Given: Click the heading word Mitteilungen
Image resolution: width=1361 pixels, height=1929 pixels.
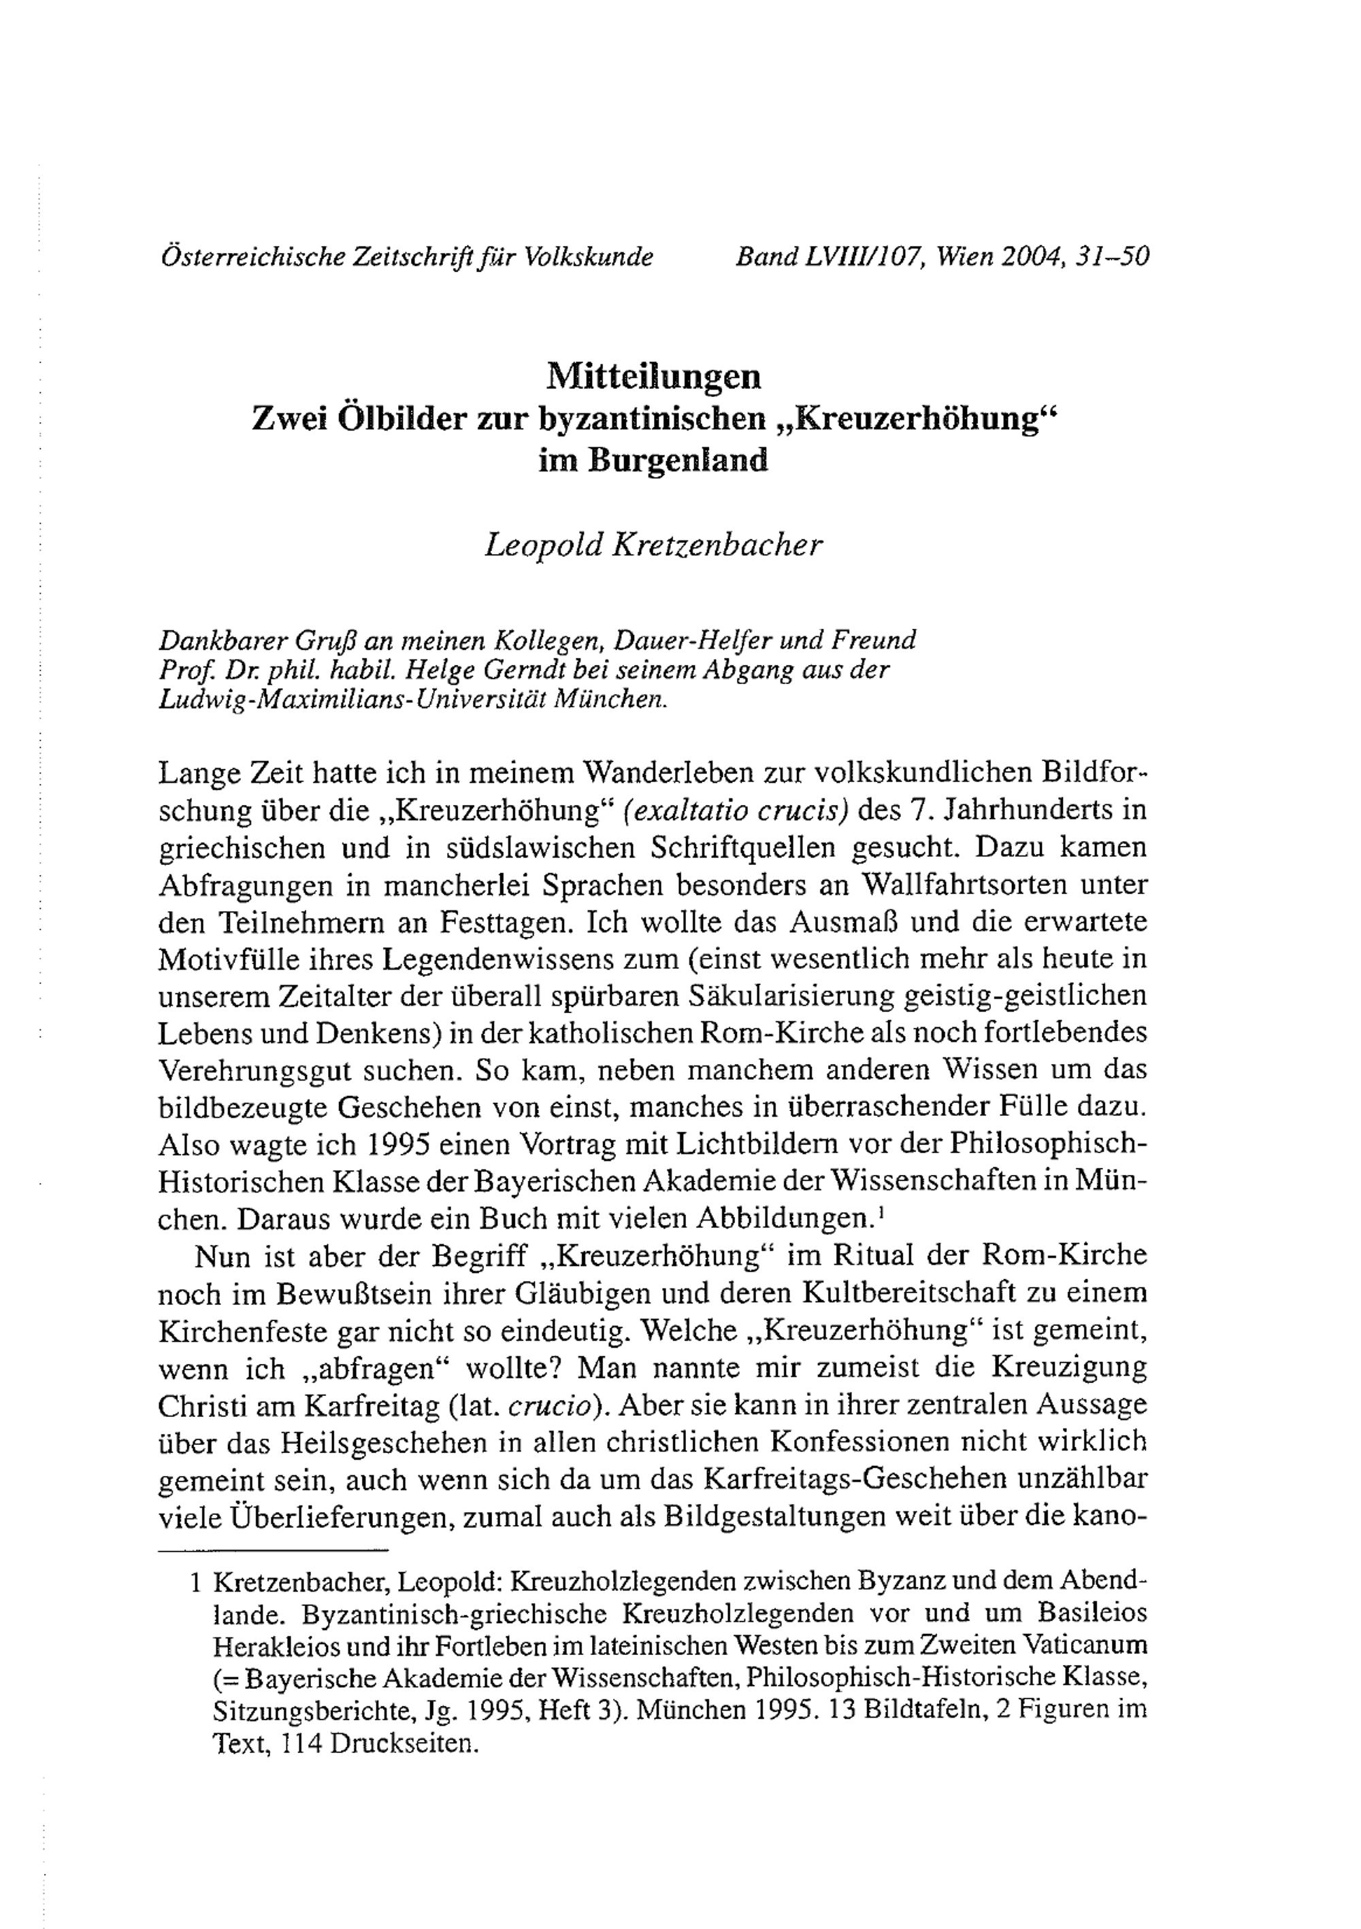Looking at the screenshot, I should tap(653, 377).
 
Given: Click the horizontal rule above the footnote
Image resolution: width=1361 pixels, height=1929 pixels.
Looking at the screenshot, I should tap(273, 1550).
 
